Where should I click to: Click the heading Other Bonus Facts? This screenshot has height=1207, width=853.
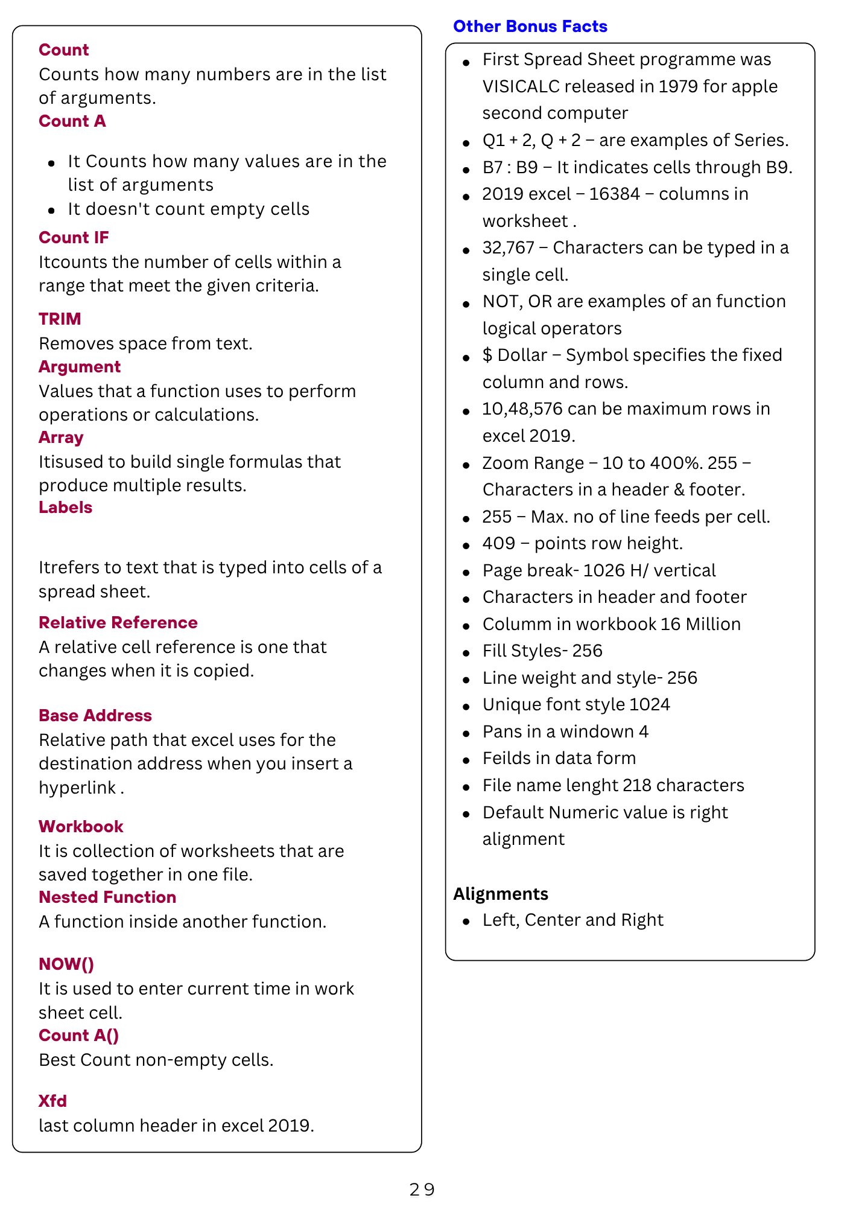tap(530, 27)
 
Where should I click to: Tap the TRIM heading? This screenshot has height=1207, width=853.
tap(60, 319)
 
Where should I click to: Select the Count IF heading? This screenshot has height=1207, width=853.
tap(74, 238)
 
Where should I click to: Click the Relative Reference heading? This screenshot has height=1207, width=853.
tap(118, 623)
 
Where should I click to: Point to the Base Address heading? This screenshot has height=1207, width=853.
tap(95, 716)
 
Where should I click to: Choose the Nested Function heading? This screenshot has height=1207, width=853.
tap(107, 897)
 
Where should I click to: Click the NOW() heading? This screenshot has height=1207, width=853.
tap(66, 964)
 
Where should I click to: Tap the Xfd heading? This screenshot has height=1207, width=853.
tap(52, 1101)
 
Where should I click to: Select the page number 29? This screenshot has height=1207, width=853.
tap(422, 1189)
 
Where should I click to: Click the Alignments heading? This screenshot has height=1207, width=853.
tap(501, 894)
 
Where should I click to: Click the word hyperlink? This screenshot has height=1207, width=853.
tap(77, 788)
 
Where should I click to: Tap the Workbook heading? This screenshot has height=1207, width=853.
tap(81, 827)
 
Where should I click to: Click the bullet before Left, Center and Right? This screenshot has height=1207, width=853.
tap(466, 922)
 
